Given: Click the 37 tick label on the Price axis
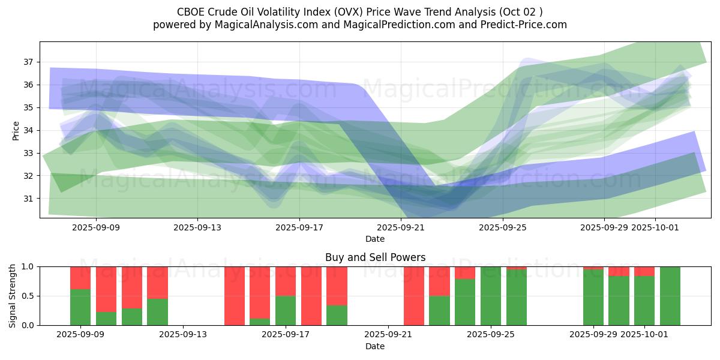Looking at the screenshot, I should [29, 62].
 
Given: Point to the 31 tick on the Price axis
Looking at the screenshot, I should [29, 199].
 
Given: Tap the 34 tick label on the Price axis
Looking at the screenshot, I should [29, 130].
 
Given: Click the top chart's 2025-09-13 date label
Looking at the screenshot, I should [197, 227].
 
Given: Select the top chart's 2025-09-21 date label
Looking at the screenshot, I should [401, 227].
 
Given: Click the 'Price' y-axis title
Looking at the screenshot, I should [16, 130].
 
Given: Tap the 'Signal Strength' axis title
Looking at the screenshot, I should [13, 296].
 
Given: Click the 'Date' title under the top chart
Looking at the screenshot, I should [375, 239].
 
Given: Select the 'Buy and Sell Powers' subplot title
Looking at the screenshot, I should [375, 257].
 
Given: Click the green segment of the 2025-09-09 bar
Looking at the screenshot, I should [80, 307].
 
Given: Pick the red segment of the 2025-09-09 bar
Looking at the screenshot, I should [80, 278].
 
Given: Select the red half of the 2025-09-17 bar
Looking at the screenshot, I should [286, 281].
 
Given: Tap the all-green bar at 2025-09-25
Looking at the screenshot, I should [491, 296].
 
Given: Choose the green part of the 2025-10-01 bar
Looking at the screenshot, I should [644, 301].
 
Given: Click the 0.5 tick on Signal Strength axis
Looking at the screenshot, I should [29, 296].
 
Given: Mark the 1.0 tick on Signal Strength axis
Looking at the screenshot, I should [29, 266].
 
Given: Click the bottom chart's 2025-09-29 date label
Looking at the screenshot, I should [593, 335].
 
